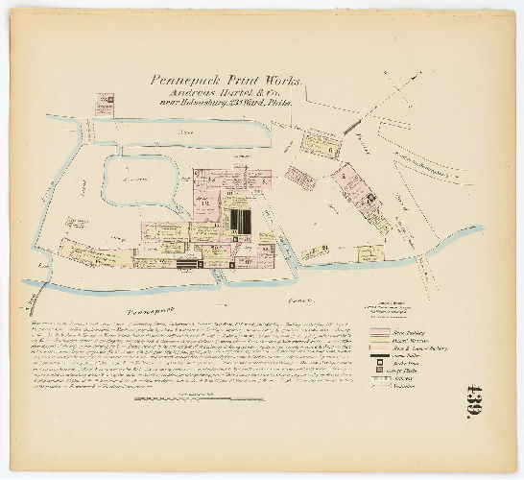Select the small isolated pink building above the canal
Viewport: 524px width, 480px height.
coord(105,103)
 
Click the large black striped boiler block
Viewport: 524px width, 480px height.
coord(238,221)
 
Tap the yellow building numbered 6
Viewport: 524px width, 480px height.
coord(320,144)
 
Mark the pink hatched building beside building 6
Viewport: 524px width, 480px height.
coord(299,178)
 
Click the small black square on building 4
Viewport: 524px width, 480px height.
coord(366,198)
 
